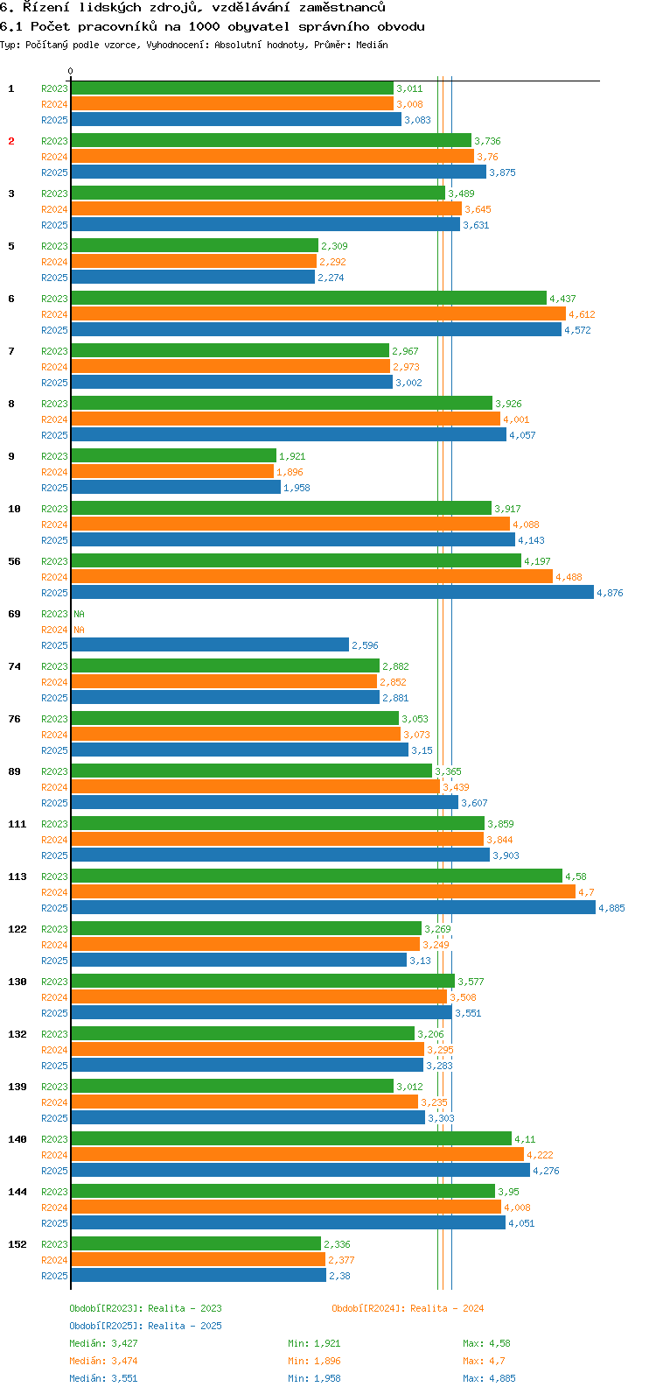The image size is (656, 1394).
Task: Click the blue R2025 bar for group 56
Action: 332,593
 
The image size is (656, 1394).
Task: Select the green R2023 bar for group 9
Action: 173,456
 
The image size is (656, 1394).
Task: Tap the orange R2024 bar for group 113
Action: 323,892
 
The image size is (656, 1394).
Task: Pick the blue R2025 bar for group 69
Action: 210,645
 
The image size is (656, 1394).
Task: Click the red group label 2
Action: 11,141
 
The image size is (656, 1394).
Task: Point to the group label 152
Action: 17,1244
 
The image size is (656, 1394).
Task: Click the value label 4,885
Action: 611,908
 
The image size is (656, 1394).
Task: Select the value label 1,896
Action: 290,472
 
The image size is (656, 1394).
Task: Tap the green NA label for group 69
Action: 79,614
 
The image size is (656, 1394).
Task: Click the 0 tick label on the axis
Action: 71,72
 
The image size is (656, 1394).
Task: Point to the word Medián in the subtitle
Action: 372,45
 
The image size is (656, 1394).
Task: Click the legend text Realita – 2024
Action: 447,1308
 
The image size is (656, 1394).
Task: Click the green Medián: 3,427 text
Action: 103,1343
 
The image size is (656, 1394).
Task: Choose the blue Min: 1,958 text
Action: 314,1378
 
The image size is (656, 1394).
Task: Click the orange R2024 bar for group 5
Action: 193,262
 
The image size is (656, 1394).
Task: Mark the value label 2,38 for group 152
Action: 339,1276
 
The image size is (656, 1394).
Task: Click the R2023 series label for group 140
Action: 54,1139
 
